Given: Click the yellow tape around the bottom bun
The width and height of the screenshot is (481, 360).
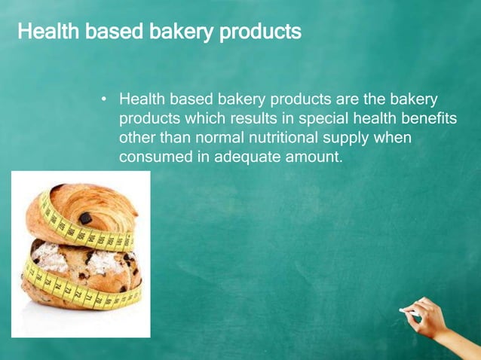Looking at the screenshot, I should tap(75, 290).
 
